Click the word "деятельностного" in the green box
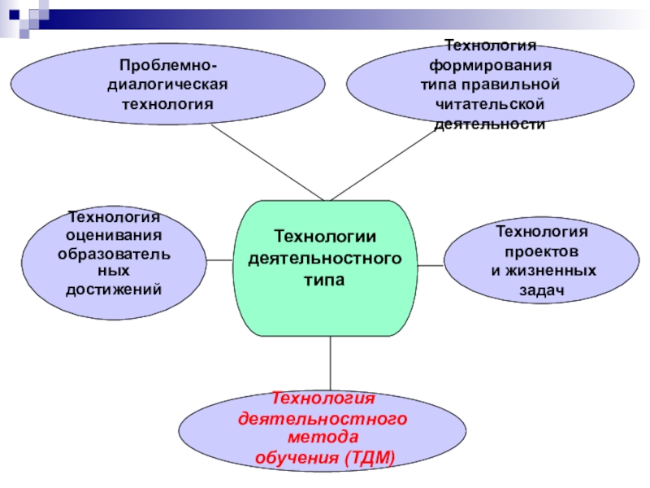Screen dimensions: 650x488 click(325, 258)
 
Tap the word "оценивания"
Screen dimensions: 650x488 click(114, 236)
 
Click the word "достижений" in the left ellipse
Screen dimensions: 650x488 click(114, 290)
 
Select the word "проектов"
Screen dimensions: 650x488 click(541, 251)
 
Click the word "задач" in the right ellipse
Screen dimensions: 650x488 click(541, 290)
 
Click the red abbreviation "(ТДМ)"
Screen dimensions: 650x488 click(370, 458)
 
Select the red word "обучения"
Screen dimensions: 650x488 click(296, 458)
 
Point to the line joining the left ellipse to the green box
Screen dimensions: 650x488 click(219, 259)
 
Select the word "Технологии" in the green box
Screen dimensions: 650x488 click(325, 237)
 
